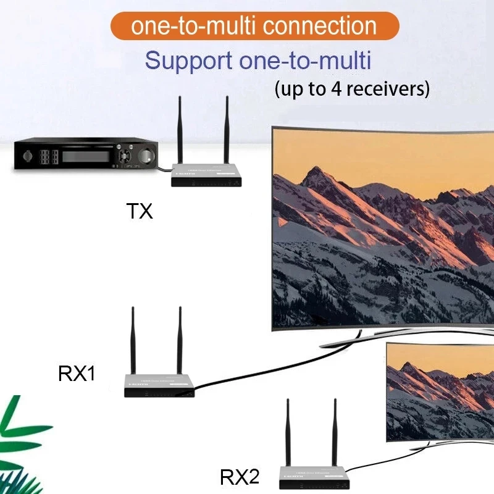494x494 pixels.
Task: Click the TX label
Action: pos(139,212)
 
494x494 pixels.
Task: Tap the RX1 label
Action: pos(77,374)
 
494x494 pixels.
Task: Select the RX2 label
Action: pos(240,477)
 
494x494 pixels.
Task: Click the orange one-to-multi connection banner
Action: pos(254,26)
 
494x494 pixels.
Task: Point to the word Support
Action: pos(185,61)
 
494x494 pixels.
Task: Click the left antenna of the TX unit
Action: pos(180,130)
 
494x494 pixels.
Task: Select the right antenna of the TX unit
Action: pos(227,130)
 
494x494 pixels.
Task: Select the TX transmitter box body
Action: pos(206,175)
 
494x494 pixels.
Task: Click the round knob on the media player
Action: pos(147,155)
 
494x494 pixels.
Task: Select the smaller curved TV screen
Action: pos(440,391)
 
